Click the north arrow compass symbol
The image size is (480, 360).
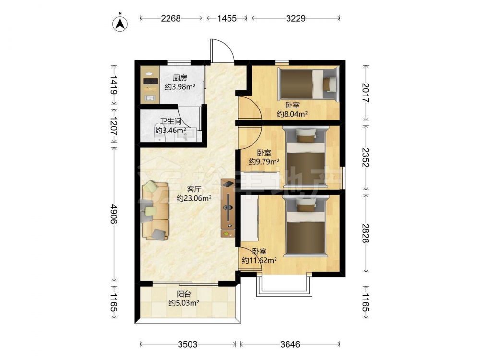120,23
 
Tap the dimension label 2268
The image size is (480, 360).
171,18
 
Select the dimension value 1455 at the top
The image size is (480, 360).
227,18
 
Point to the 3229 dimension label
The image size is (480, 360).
296,18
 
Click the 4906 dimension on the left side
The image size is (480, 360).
114,214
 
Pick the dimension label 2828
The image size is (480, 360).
365,233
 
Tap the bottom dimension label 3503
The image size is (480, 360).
188,345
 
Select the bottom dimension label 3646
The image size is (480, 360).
290,345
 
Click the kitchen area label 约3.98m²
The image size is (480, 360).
180,87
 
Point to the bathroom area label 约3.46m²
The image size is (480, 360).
170,131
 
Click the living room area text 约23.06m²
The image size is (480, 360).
194,198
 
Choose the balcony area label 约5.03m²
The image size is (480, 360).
184,303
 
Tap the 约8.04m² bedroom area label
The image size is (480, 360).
292,114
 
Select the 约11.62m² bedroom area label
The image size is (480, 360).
259,261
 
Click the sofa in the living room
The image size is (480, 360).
155,211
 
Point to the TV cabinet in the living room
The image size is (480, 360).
228,208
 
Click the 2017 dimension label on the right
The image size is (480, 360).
365,93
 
